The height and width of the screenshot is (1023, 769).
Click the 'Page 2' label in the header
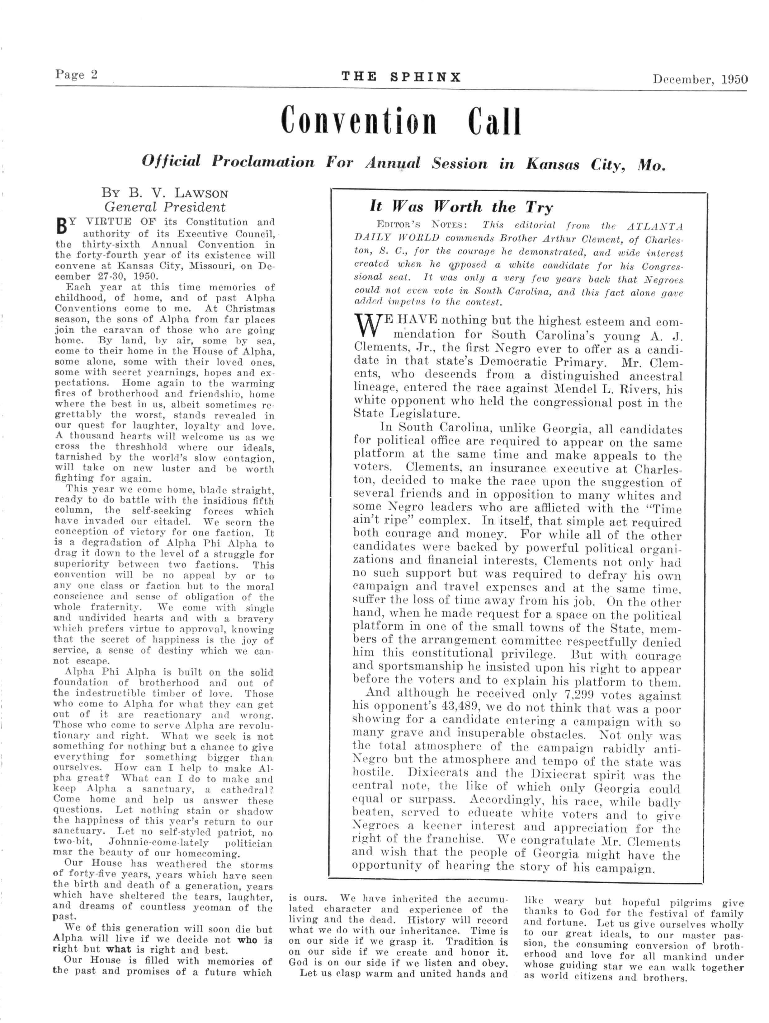76,75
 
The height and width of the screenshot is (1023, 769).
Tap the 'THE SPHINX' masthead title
401,77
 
